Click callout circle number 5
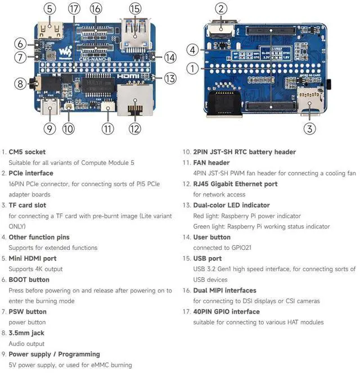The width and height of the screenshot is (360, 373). pyautogui.click(x=50, y=9)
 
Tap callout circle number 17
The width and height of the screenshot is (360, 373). pyautogui.click(x=74, y=9)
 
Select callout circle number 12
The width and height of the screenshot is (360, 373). pyautogui.click(x=134, y=128)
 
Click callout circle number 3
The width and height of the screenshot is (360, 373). pyautogui.click(x=309, y=128)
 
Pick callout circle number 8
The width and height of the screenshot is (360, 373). pyautogui.click(x=20, y=84)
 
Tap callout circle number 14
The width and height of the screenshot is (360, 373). pyautogui.click(x=170, y=57)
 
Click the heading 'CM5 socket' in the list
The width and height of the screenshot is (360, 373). pyautogui.click(x=27, y=152)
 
